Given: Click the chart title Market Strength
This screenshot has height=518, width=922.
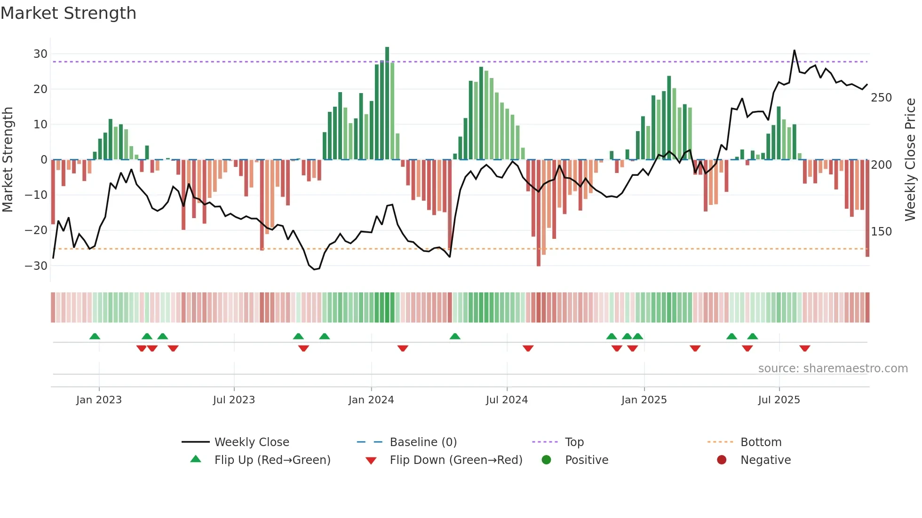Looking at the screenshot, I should [x=68, y=13].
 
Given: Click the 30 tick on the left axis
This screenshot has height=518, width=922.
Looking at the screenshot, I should [x=40, y=54].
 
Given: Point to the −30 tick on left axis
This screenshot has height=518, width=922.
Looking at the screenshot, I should [x=37, y=266].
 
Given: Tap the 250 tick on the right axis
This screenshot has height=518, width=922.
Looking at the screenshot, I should [x=881, y=98].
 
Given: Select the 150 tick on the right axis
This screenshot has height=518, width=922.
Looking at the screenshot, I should [x=881, y=232].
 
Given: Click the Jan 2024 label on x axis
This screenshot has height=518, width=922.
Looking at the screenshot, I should [x=371, y=400].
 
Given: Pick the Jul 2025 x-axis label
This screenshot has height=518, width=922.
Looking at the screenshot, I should [x=779, y=400].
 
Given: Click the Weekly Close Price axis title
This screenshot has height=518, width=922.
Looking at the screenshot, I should [x=910, y=160].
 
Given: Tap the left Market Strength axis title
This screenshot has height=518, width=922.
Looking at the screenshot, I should [x=8, y=160].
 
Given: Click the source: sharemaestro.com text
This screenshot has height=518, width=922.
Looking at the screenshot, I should [x=833, y=369].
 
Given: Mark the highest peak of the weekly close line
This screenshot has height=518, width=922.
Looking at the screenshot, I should [x=795, y=51].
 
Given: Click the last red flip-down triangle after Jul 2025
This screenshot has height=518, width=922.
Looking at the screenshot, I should [x=804, y=348].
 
